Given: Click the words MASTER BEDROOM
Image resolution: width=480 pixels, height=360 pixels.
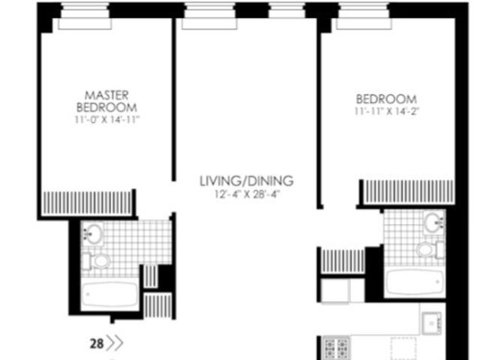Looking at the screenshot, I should click(106, 101).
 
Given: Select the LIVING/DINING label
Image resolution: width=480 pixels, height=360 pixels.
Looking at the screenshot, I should click(246, 181).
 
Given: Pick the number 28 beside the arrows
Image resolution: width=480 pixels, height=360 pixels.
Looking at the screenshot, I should click(97, 344).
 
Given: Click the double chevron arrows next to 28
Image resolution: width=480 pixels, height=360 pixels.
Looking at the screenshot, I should click(115, 344).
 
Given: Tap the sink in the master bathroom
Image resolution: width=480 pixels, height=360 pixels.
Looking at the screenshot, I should click(94, 233).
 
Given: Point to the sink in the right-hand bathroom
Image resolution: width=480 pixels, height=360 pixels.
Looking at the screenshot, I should click(433, 222).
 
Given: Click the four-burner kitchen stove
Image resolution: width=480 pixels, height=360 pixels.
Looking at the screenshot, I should click(336, 348).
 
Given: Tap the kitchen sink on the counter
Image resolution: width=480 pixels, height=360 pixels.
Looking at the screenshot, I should click(432, 323).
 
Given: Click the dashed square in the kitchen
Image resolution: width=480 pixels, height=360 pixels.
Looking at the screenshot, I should click(403, 348).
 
